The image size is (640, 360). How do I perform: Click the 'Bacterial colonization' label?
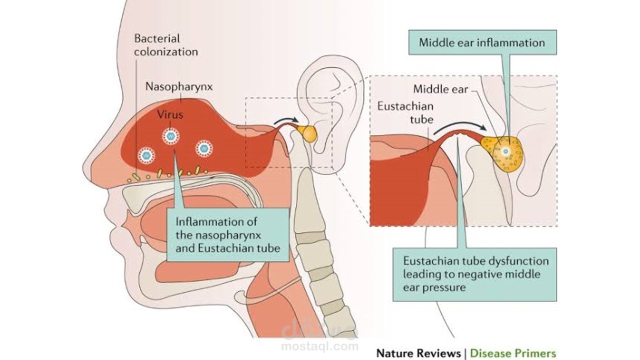(165, 45)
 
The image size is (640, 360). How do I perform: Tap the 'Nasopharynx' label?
(178, 86)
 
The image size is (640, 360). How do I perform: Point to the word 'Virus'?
(170, 114)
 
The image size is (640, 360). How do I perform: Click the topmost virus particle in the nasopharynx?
(170, 135)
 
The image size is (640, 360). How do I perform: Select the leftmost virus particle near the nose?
(146, 155)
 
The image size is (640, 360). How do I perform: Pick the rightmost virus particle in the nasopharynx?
(204, 148)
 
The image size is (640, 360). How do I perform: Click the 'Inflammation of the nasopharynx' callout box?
(227, 234)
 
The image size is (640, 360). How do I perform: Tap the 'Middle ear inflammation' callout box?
(481, 42)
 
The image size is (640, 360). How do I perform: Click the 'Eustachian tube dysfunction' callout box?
(474, 274)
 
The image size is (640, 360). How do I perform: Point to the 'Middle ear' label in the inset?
(440, 89)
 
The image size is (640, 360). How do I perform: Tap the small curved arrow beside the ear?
(286, 121)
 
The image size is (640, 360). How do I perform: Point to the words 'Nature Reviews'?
(418, 353)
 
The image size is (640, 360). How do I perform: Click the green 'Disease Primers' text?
(512, 353)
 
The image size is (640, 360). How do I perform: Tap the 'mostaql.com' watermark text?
(319, 345)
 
